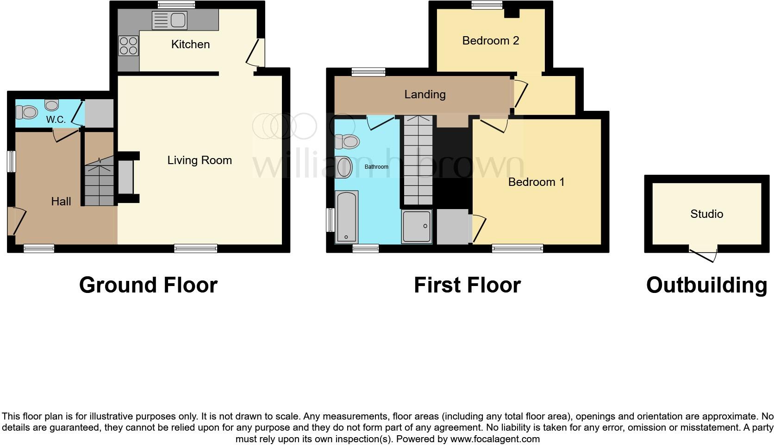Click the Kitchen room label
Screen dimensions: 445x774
[x=190, y=44]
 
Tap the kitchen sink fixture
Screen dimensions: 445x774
[x=169, y=20]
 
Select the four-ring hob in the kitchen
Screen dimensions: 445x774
[x=128, y=45]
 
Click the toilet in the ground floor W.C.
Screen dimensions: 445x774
[x=27, y=112]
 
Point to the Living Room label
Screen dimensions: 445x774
[x=200, y=160]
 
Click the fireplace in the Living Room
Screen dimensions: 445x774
[x=125, y=177]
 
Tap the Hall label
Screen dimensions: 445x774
[x=61, y=201]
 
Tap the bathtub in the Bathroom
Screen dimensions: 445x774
[x=346, y=216]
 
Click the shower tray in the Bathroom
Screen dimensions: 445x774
[x=417, y=226]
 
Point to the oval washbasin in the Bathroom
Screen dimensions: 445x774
[x=344, y=167]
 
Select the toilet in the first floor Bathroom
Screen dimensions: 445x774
[x=348, y=141]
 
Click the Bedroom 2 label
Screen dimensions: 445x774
[x=491, y=41]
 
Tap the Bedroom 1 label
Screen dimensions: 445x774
[x=536, y=182]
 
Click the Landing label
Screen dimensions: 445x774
[x=425, y=95]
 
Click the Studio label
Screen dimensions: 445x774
[x=706, y=214]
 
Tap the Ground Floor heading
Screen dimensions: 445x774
[x=148, y=285]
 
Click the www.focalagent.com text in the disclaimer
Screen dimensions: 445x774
[x=495, y=439]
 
